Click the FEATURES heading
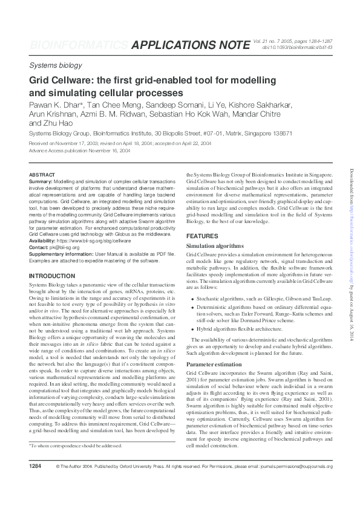[203, 236]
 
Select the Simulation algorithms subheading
[215, 247]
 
